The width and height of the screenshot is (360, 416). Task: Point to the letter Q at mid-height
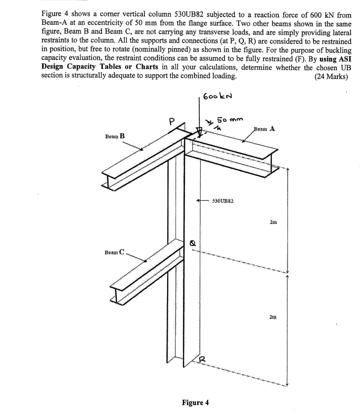pos(193,242)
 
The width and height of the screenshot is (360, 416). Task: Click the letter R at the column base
pos(200,359)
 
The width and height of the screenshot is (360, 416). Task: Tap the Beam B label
pos(115,135)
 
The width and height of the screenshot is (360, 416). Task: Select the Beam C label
pos(114,252)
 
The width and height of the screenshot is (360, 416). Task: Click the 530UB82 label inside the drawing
pos(223,200)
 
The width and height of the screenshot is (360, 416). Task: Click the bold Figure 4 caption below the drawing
pos(195,402)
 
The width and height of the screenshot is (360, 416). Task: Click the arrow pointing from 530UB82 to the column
pos(202,200)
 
